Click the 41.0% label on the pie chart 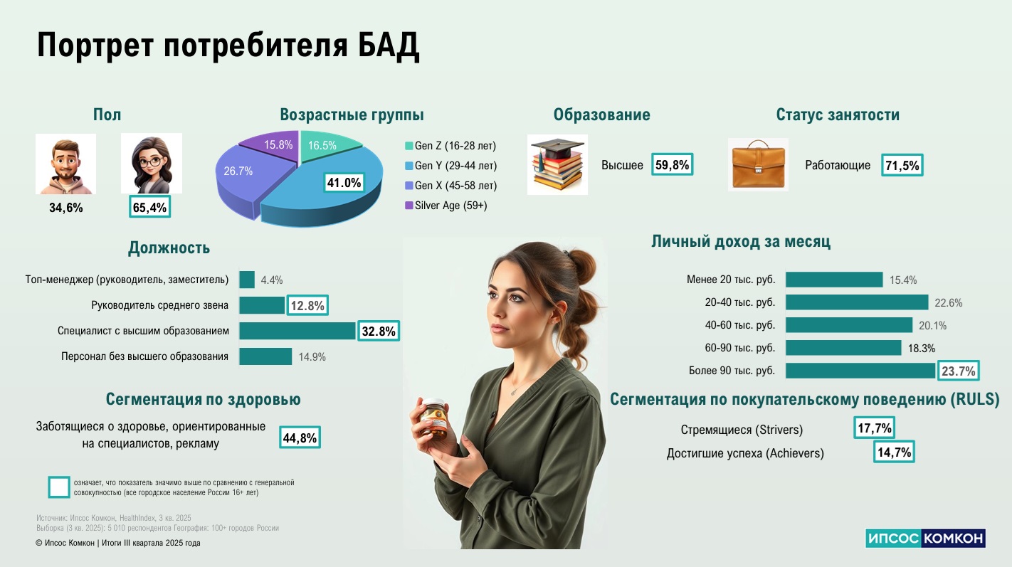pyautogui.click(x=344, y=183)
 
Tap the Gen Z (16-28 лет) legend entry pyautogui.click(x=450, y=145)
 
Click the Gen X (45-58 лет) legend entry pyautogui.click(x=451, y=185)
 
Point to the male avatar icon pyautogui.click(x=66, y=164)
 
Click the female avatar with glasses pyautogui.click(x=152, y=164)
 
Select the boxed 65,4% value pyautogui.click(x=149, y=207)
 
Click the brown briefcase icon pyautogui.click(x=758, y=164)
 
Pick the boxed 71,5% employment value pyautogui.click(x=902, y=165)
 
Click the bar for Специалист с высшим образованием pyautogui.click(x=297, y=331)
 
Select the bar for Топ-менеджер pyautogui.click(x=247, y=280)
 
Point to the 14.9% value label pyautogui.click(x=312, y=357)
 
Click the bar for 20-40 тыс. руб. pyautogui.click(x=857, y=302)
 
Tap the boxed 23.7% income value pyautogui.click(x=958, y=371)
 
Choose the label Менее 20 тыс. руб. pyautogui.click(x=731, y=280)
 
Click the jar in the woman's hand pyautogui.click(x=433, y=418)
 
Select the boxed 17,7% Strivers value pyautogui.click(x=874, y=428)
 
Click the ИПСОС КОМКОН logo pyautogui.click(x=924, y=538)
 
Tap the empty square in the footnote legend pyautogui.click(x=59, y=487)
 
